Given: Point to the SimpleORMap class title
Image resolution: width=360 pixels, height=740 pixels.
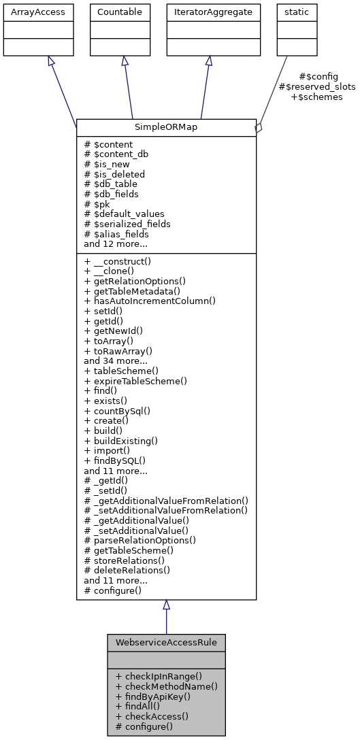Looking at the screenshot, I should point(166,127).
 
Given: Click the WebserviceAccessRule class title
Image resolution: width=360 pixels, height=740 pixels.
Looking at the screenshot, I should point(166,642).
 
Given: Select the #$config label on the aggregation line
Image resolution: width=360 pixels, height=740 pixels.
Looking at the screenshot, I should point(318,76).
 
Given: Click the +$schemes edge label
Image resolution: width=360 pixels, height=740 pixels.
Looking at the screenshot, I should point(317,97).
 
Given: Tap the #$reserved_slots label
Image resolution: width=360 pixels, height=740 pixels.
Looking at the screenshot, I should point(317,86).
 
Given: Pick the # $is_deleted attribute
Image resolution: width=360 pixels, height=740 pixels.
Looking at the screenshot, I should point(114,174).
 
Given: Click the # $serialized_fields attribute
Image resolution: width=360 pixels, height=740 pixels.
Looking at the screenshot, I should point(127,224).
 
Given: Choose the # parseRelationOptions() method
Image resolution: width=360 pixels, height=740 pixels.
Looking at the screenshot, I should point(140,541).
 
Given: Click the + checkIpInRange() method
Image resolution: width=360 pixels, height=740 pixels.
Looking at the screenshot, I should point(159,676).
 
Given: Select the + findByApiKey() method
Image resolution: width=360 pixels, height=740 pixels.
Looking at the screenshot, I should point(153,696).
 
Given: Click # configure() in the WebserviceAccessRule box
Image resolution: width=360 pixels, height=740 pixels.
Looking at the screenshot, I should point(144,726).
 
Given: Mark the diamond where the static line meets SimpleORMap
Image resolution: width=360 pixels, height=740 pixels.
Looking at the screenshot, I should point(259,128).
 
